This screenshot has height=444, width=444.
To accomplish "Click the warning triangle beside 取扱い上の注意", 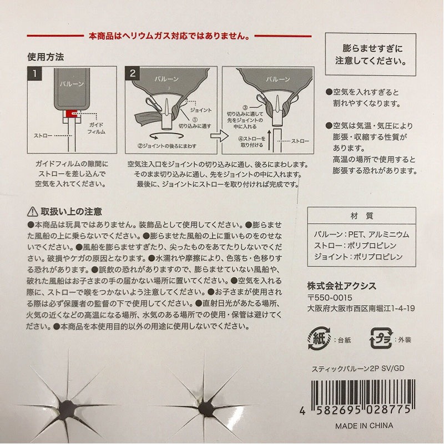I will coord(32,211).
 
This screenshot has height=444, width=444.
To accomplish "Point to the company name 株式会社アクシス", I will coord(341,285).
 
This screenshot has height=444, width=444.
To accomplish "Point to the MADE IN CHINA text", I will coord(364,426).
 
